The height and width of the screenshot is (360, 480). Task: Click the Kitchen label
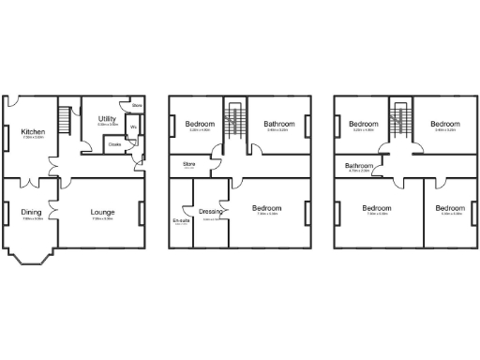[33, 132]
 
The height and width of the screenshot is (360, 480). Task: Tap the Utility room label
[107, 119]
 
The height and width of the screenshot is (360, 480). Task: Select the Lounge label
[102, 213]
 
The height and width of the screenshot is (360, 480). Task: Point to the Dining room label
[31, 213]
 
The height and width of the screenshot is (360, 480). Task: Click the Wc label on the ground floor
[133, 127]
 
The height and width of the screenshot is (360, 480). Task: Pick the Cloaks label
[115, 144]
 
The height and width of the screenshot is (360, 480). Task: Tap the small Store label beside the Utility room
[137, 106]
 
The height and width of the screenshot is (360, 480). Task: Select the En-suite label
[181, 221]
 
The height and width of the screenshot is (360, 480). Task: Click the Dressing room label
[211, 213]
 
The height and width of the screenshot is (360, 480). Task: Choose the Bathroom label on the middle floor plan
[279, 124]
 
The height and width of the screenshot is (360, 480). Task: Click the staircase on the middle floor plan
[233, 119]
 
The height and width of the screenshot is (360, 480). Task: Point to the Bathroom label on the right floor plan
[359, 166]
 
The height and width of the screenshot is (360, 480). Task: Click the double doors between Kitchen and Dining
[33, 177]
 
